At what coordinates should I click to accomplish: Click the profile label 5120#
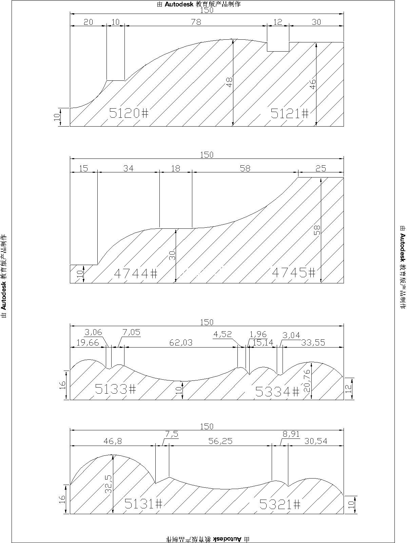(x=129, y=113)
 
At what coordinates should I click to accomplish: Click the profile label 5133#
(x=116, y=389)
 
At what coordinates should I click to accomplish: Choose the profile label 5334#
(x=277, y=391)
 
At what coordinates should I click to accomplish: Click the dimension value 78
(x=196, y=22)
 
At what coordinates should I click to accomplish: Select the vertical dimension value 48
(x=230, y=82)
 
